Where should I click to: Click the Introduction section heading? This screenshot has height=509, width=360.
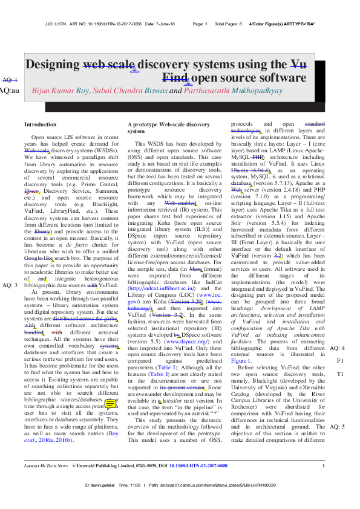pos(40,124)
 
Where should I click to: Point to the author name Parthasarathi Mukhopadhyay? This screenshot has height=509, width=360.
pos(233,91)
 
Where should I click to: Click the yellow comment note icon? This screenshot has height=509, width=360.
pos(111,403)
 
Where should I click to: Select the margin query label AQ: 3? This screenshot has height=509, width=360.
pos(10,285)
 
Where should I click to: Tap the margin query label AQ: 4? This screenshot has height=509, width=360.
pos(337,348)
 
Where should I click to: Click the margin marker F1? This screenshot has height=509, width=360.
pos(340,361)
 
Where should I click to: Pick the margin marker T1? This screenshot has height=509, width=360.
pos(340,374)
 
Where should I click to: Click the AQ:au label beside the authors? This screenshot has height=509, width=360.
pos(9,90)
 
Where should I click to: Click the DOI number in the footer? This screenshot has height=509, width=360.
pos(198,483)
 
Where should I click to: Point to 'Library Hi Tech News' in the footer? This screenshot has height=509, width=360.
pos(45,483)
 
